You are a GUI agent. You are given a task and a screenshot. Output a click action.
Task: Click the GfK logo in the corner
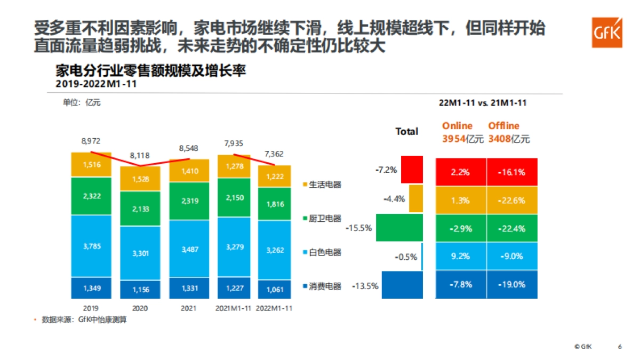607,32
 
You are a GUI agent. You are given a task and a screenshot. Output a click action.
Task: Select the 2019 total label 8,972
91,141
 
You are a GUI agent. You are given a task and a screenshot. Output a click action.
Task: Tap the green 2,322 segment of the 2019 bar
91,196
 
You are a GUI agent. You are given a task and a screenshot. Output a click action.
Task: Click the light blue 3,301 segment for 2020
140,253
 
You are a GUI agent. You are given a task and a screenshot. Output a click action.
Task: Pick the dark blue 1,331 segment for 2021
189,289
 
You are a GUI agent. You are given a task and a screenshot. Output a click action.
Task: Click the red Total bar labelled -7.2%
412,170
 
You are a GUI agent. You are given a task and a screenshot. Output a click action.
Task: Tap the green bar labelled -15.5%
399,227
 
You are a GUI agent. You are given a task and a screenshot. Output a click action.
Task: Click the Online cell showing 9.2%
460,256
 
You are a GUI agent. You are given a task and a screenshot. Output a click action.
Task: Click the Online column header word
457,126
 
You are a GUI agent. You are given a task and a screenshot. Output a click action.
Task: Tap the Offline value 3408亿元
509,139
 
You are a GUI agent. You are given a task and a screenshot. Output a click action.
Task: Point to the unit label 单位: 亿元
82,103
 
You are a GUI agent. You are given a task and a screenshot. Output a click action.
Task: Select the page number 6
620,346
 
